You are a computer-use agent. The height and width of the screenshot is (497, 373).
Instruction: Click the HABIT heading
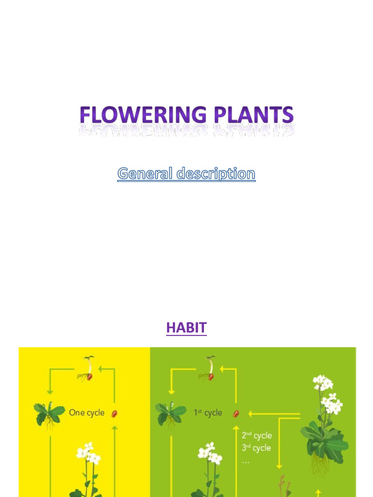pos(186,328)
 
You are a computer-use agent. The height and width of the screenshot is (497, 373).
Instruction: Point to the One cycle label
pos(86,413)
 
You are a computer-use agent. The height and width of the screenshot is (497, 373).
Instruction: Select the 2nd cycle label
pos(256,435)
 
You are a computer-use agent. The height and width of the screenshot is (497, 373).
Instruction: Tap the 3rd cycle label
pos(256,447)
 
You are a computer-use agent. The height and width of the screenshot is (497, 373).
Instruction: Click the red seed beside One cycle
pos(115,414)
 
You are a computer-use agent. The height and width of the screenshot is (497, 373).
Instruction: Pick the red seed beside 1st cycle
pos(236,414)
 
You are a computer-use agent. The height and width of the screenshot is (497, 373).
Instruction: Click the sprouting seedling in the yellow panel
pos(86,369)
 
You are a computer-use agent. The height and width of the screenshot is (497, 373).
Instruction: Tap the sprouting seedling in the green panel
pos(208,369)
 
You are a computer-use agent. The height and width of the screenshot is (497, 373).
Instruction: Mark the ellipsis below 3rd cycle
pos(245,462)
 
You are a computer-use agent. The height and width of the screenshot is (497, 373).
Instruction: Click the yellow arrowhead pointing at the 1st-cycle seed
pos(251,414)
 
